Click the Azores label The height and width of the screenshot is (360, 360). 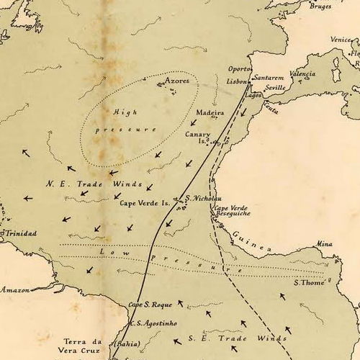[x=177, y=81]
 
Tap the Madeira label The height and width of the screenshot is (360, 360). [x=210, y=113]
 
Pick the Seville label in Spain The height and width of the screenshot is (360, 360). [x=275, y=88]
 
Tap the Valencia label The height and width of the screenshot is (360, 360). [x=302, y=74]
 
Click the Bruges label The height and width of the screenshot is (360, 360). [x=320, y=6]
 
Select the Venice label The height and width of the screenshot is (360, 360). [x=341, y=40]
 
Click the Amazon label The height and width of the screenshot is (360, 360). [x=14, y=289]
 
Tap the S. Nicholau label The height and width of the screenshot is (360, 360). [x=203, y=199]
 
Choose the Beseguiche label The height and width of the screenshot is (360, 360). [x=230, y=215]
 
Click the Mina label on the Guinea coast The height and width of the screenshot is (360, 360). [x=324, y=244]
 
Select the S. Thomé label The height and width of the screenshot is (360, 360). [x=310, y=282]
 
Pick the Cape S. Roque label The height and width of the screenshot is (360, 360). [x=148, y=305]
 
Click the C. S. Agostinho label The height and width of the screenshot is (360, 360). [x=153, y=323]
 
